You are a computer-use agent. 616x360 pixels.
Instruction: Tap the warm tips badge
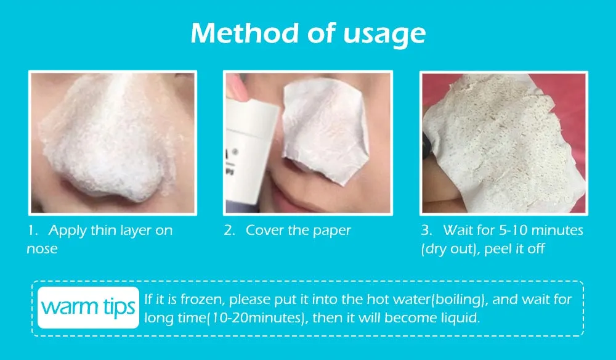88,306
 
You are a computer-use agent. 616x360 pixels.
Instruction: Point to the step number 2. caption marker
229,231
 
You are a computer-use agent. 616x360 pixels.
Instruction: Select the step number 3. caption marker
426,231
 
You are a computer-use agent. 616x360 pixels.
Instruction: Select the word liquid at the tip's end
461,319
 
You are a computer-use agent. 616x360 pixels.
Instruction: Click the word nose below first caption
42,249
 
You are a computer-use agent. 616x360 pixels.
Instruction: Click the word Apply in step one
67,231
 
